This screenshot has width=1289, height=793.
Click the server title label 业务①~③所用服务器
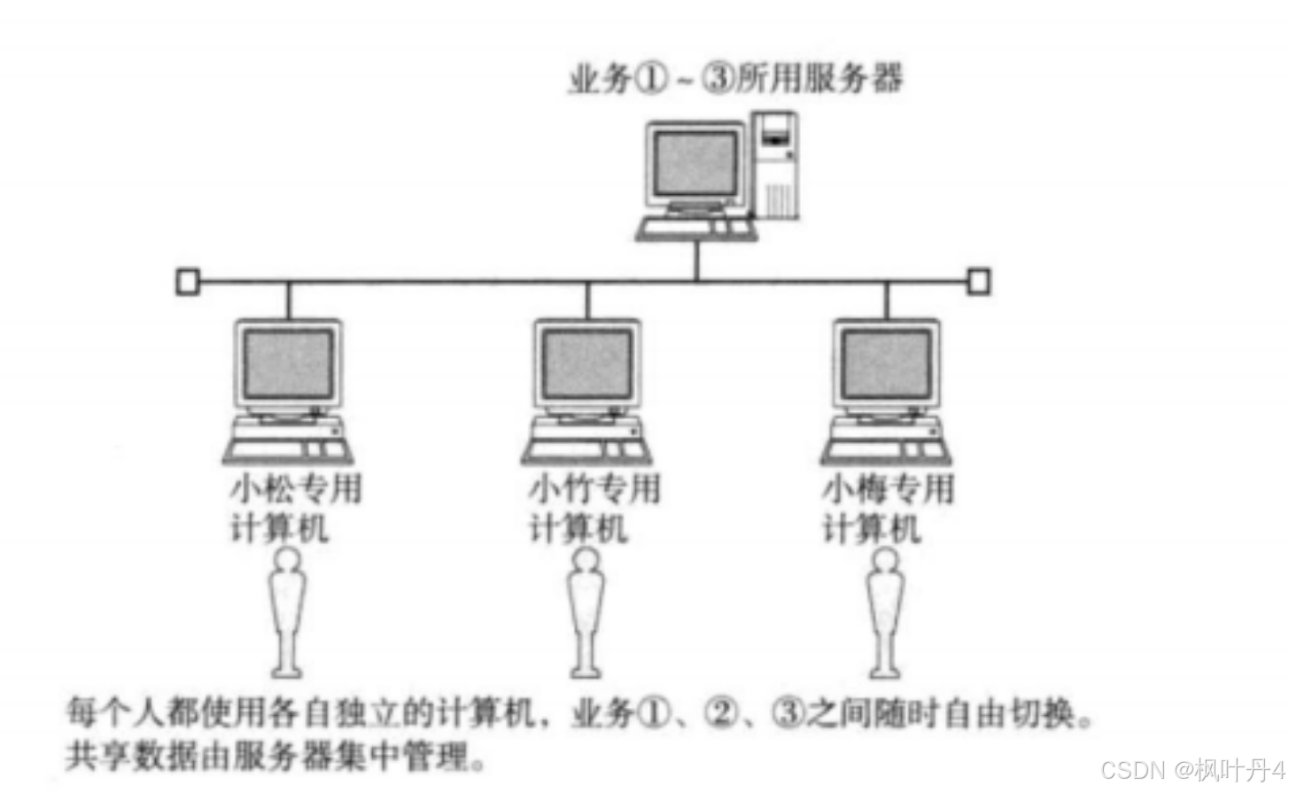point(734,79)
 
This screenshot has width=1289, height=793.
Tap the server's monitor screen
point(694,164)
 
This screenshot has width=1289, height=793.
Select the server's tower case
point(776,164)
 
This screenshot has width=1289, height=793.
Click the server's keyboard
point(697,229)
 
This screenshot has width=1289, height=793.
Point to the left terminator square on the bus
point(187,282)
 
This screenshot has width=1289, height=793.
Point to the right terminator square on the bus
point(978,282)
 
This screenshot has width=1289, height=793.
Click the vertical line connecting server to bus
point(697,261)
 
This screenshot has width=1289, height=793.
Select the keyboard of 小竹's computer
point(586,449)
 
